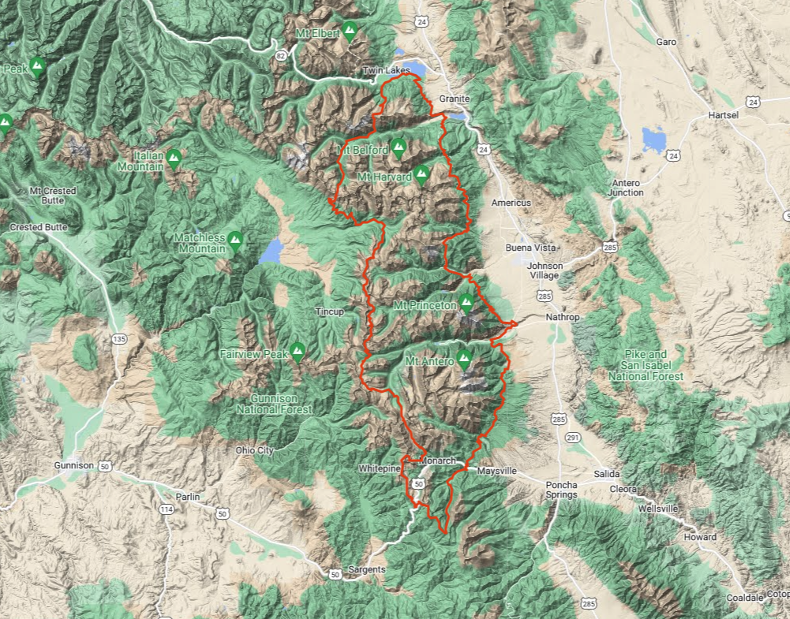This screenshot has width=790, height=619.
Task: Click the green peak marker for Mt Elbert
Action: [x=350, y=31]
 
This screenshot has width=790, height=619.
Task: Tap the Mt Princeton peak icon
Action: [x=466, y=302]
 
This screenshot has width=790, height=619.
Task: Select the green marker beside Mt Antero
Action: [x=464, y=359]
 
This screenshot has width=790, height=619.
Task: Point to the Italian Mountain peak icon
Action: [x=174, y=158]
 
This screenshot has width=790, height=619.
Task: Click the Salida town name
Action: [x=607, y=474]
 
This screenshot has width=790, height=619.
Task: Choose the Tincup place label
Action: [x=330, y=311]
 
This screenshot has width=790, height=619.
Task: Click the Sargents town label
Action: [x=365, y=569]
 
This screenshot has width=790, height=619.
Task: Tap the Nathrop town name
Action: [x=563, y=318]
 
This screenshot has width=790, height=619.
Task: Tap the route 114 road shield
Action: [x=167, y=509]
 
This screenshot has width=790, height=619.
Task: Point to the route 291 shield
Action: [x=573, y=437]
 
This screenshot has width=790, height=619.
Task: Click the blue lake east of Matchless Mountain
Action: [x=271, y=251]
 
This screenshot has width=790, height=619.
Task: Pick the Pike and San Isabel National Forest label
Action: [x=646, y=365]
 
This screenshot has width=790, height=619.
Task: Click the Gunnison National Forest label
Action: [x=275, y=404]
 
